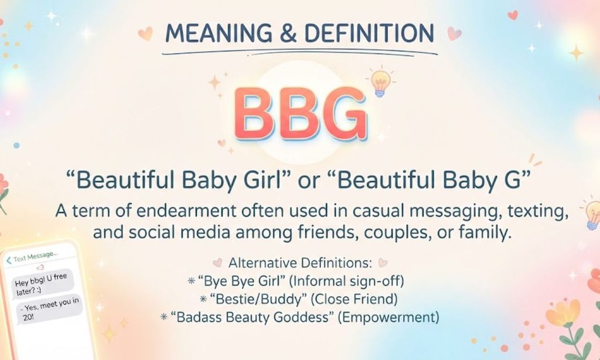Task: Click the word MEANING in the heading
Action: coord(219,33)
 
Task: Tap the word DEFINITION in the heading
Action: coord(369,33)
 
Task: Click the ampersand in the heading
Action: coord(288,33)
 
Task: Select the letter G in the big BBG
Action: coord(343,114)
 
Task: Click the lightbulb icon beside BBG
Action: coord(380,82)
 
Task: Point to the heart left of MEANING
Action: coord(145,33)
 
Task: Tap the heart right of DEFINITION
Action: coord(454,33)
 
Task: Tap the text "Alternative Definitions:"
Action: coord(301,263)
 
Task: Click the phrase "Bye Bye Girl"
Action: coord(242,281)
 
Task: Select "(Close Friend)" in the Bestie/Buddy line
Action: coord(354,299)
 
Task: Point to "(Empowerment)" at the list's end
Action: coord(388,317)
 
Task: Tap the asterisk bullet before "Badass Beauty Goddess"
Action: coord(164,317)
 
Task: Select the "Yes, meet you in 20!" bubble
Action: coord(50,308)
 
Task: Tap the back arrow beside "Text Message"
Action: coord(9,261)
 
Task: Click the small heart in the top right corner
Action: coord(512,15)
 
